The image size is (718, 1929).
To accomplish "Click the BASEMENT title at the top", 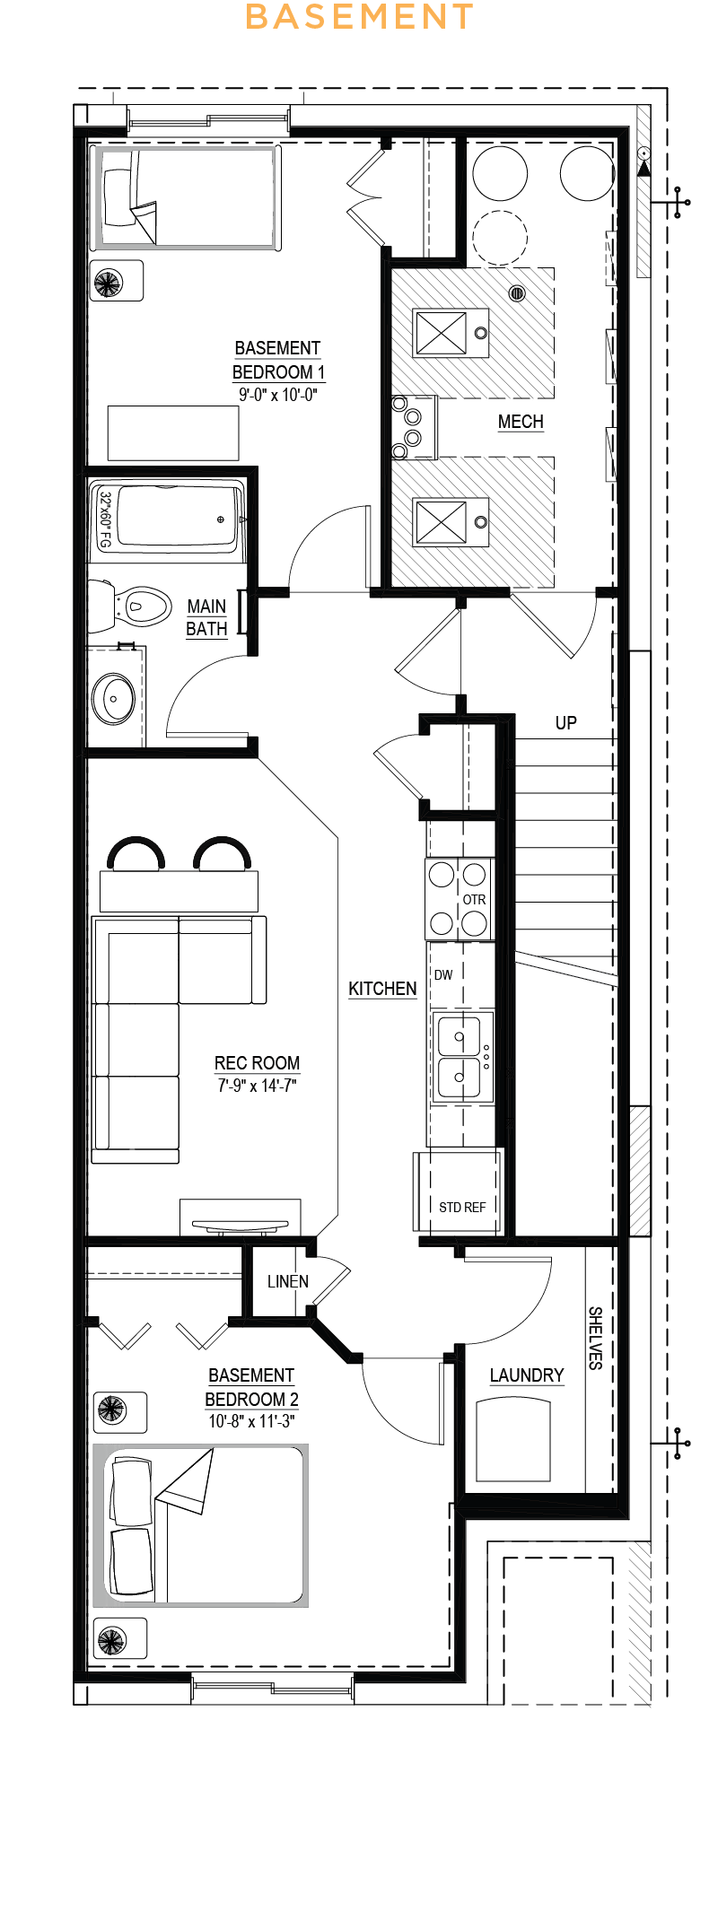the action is coord(359,17).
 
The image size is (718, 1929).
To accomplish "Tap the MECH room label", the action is coord(521,422).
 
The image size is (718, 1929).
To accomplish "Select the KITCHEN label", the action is coord(382,989).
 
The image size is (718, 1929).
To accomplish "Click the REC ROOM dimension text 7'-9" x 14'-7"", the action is coord(257,1086).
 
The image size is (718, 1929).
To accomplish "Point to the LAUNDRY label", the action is coord(527,1375).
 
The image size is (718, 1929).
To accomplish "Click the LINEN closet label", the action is coord(288,1281).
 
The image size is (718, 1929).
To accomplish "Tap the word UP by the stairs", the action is coord(565,723).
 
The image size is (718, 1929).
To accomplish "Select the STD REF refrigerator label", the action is coord(462,1208).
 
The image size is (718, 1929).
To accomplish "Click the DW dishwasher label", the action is coord(443,975).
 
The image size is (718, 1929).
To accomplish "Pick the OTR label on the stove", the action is coord(474,900).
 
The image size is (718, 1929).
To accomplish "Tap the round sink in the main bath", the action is coord(115,698).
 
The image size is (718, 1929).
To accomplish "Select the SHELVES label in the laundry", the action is coord(595,1338).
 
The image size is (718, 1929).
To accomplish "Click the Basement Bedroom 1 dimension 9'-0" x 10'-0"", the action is coord(277,395).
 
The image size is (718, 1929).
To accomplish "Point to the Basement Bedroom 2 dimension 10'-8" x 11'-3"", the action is coord(251,1421).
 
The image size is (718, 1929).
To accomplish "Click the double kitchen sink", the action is coord(463,1055).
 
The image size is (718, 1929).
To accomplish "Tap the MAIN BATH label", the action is coord(206,617).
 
